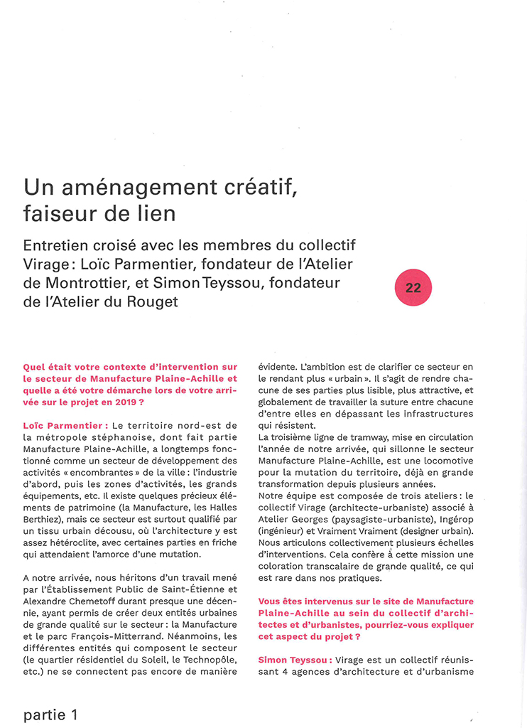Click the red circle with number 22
point(413,288)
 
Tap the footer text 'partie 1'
point(50,714)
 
